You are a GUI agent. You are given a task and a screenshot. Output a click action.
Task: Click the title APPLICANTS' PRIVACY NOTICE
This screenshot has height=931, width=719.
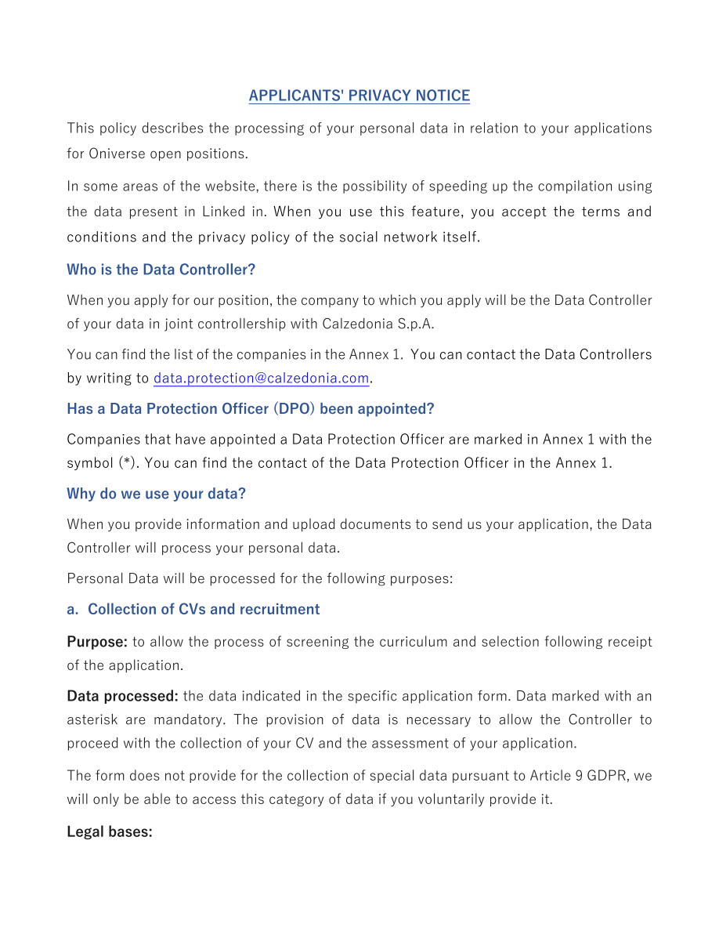click(359, 96)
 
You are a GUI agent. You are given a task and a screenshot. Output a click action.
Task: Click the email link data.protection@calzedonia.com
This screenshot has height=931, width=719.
click(261, 379)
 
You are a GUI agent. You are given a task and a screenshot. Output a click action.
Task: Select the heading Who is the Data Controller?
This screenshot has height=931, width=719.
click(161, 270)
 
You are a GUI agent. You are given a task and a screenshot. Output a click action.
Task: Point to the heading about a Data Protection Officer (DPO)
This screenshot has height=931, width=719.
click(250, 409)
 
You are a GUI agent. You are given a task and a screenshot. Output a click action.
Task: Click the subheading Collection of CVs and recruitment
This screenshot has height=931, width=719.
click(203, 609)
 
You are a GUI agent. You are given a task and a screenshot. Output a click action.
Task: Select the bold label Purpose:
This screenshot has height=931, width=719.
click(97, 642)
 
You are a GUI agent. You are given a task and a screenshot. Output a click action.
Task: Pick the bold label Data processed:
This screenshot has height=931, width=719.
click(122, 696)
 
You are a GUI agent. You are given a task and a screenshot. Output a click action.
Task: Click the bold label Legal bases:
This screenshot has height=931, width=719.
click(109, 831)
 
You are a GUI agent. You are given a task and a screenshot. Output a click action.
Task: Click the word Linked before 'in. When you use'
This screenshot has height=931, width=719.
click(223, 212)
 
